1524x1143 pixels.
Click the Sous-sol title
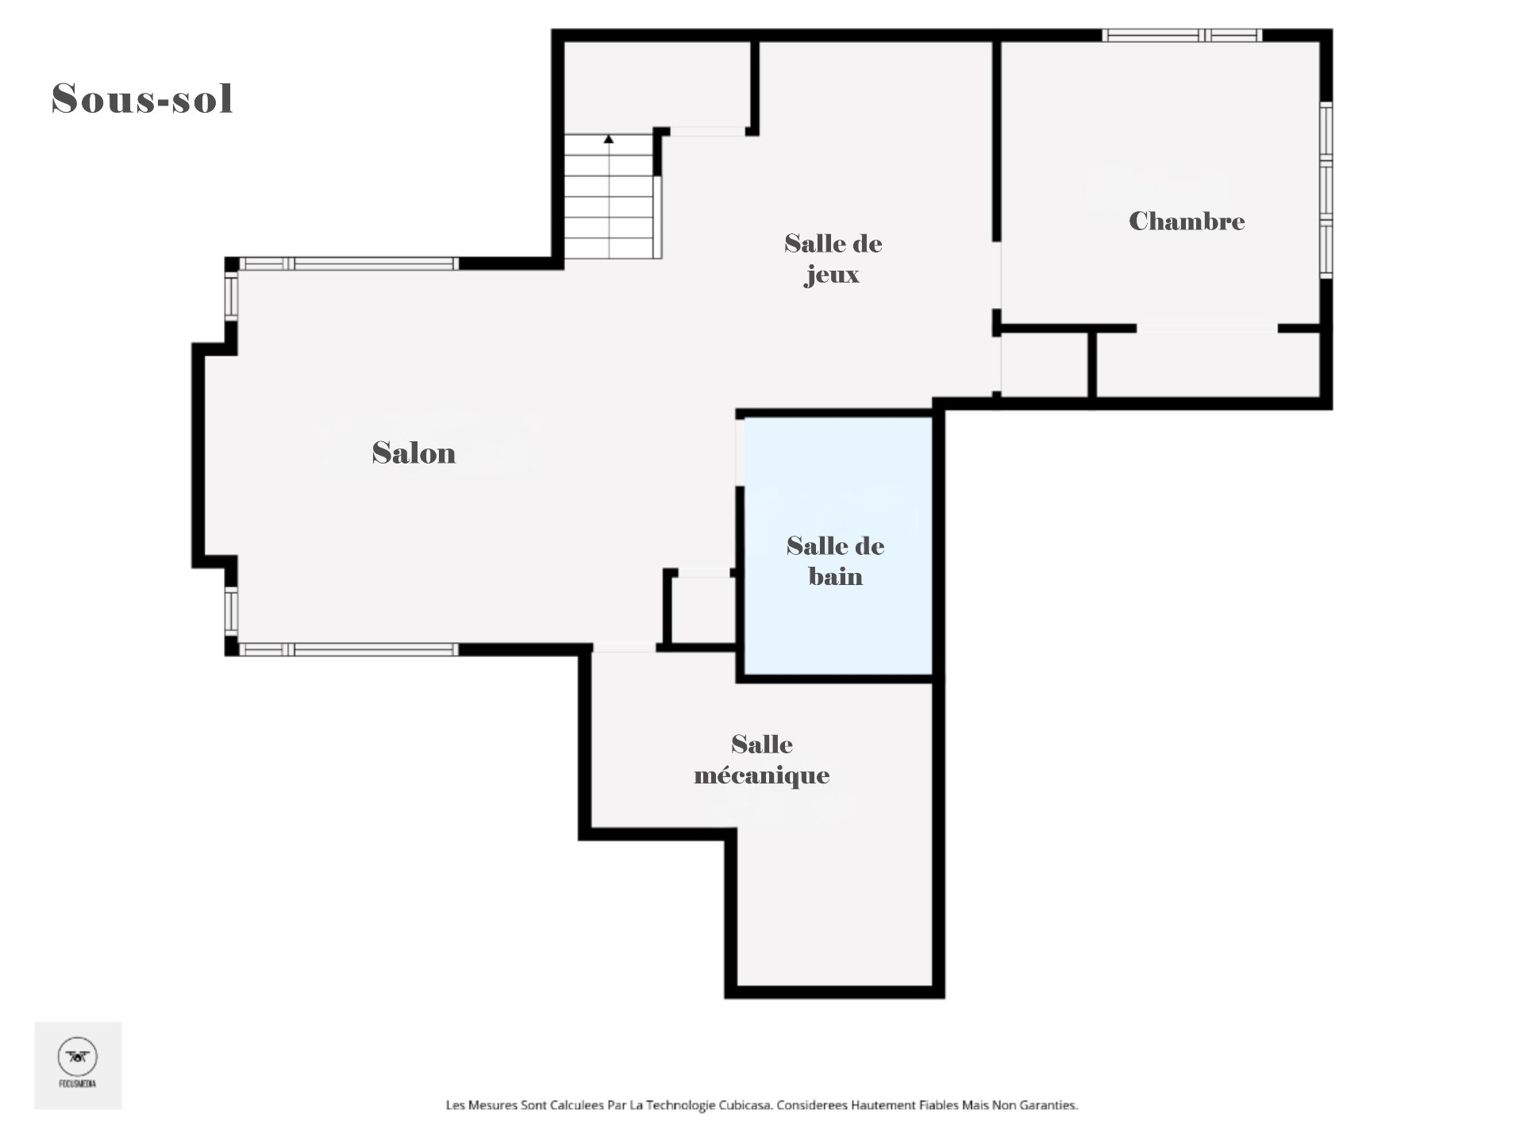[x=142, y=99]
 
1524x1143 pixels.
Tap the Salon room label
[x=414, y=453]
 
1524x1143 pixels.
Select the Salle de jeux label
[x=833, y=258]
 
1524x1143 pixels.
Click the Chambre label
[x=1186, y=221]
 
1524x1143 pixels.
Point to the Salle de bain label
[x=835, y=560]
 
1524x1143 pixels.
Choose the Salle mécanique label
[x=761, y=759]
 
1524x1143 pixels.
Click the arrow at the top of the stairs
[x=609, y=140]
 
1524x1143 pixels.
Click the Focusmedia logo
[x=78, y=1064]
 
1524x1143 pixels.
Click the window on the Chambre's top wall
[x=1181, y=35]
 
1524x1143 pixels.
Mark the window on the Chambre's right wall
[x=1326, y=190]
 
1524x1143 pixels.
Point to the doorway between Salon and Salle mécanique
[x=625, y=648]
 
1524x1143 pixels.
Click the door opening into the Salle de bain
[x=740, y=452]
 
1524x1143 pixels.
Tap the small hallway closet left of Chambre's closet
[x=1044, y=364]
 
